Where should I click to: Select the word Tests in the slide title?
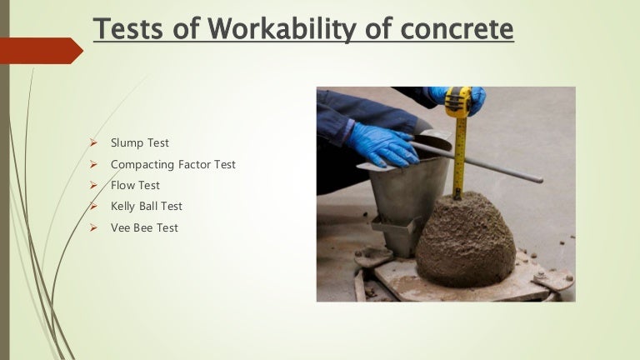coord(129,29)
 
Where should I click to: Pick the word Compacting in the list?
coord(142,164)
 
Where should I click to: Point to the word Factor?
coord(193,164)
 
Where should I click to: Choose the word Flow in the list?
coord(123,185)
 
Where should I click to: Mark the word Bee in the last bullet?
coord(144,227)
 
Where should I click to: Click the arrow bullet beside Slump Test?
coord(94,143)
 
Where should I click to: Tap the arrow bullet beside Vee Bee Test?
coord(94,227)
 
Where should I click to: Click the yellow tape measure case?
coord(457,102)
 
